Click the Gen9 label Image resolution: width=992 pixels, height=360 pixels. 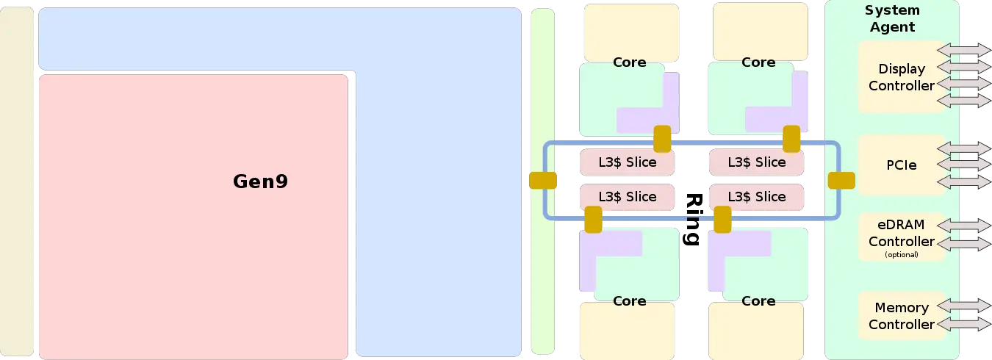(260, 181)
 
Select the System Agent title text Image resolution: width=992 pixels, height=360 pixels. (892, 19)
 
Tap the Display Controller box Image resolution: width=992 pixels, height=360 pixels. (901, 77)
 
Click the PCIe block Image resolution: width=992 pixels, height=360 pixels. (901, 165)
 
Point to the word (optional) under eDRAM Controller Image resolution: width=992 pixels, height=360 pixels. (902, 255)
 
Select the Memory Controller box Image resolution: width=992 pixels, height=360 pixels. (901, 316)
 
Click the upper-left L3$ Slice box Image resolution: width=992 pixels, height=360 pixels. (627, 162)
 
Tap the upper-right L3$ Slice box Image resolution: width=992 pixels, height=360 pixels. (756, 162)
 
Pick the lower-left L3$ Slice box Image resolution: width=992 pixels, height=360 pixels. (627, 197)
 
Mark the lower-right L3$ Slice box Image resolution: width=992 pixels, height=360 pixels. (756, 197)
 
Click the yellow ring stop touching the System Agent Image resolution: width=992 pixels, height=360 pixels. (841, 180)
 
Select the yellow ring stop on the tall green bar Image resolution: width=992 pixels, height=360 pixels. (543, 180)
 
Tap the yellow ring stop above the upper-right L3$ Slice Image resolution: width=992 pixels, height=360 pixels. (791, 138)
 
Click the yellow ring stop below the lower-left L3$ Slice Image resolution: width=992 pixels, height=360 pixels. (593, 219)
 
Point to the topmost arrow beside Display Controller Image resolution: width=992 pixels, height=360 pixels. (964, 50)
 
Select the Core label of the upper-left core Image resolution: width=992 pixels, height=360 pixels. (629, 62)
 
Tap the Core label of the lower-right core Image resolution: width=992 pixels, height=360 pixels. (758, 301)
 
